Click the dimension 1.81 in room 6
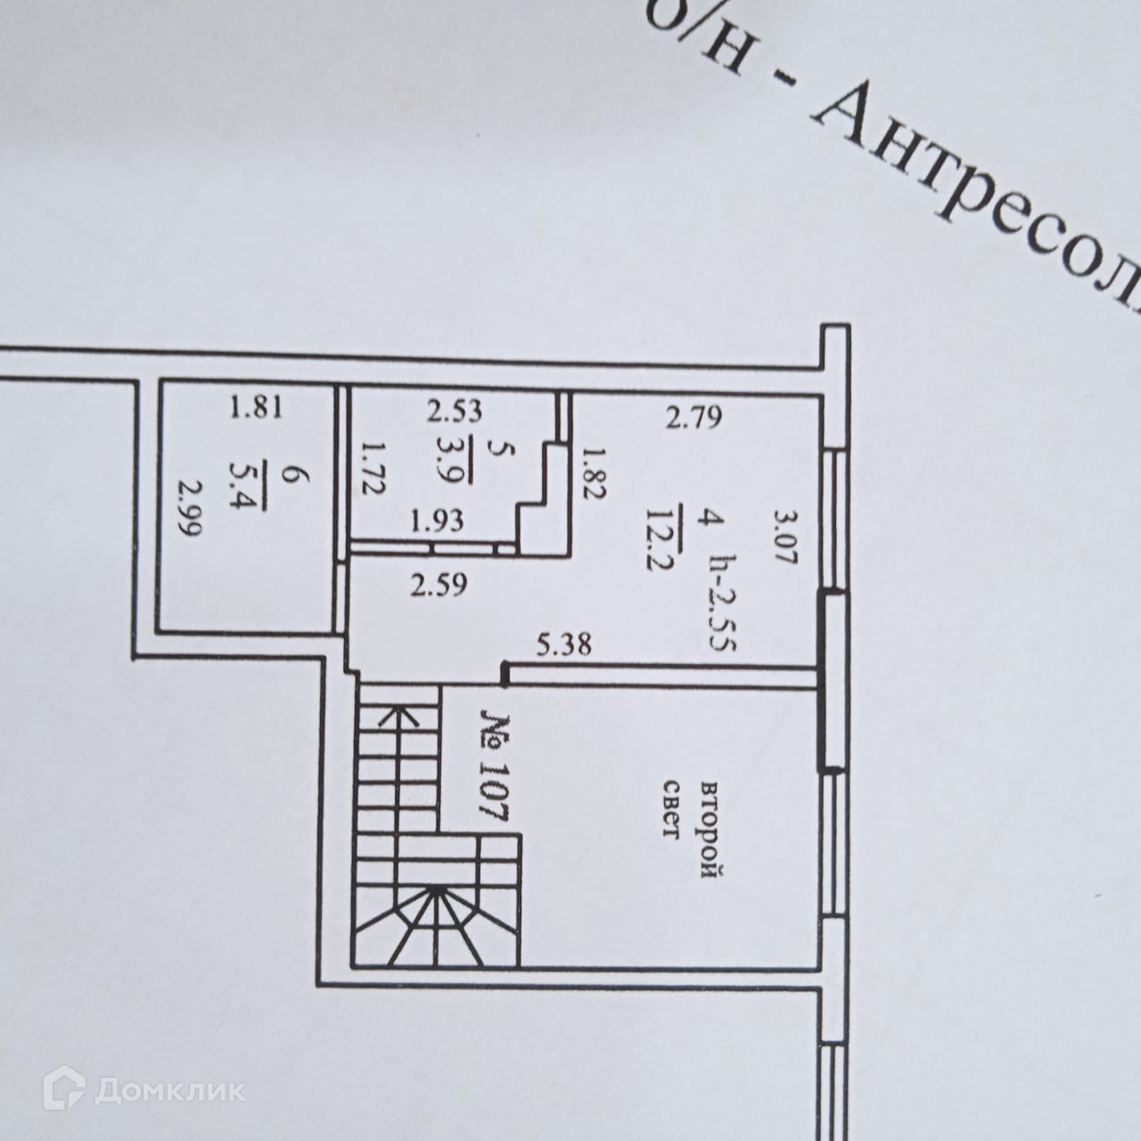click(256, 410)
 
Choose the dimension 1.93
click(438, 520)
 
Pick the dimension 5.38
click(563, 644)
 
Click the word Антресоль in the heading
click(981, 196)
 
